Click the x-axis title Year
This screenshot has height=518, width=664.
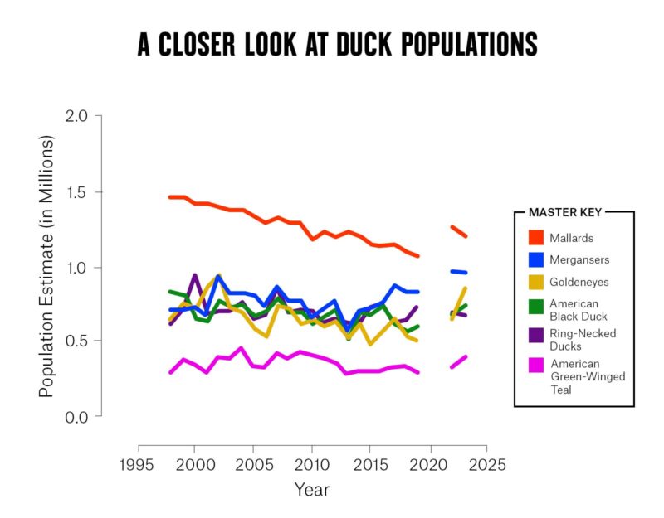(x=312, y=490)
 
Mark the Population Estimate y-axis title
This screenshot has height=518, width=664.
(x=46, y=265)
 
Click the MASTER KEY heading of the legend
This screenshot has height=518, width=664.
(x=565, y=212)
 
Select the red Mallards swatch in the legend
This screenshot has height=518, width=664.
(x=536, y=238)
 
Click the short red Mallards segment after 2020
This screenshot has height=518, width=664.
(x=459, y=231)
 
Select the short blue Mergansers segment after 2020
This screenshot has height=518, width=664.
(x=459, y=272)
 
